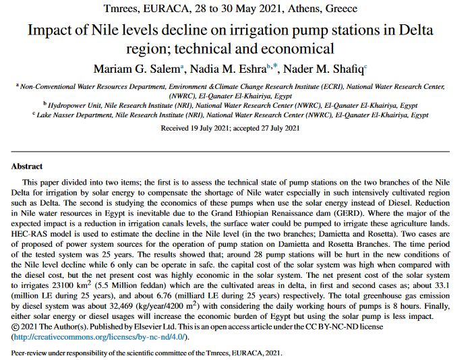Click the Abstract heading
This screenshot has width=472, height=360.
click(27, 167)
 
